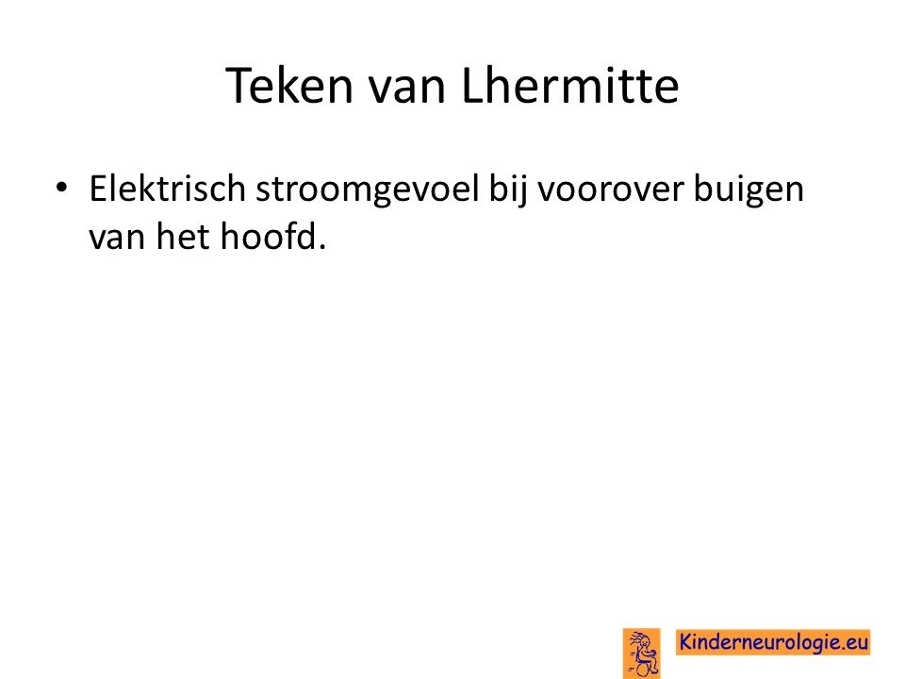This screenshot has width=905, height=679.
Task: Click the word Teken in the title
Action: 289,86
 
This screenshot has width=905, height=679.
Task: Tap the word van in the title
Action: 407,88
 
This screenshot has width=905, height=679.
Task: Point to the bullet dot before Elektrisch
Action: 61,188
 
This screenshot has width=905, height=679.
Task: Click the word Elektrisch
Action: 168,189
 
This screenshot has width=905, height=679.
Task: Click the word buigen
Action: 749,190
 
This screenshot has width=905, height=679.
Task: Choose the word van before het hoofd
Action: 117,238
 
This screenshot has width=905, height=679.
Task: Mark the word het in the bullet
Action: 182,236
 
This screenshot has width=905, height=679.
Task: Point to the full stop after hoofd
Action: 321,247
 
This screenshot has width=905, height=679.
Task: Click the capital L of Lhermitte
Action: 472,86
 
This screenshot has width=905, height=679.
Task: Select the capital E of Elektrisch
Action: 98,189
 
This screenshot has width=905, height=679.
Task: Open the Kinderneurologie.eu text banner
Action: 773,642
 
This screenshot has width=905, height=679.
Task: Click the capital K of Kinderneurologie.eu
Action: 686,642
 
